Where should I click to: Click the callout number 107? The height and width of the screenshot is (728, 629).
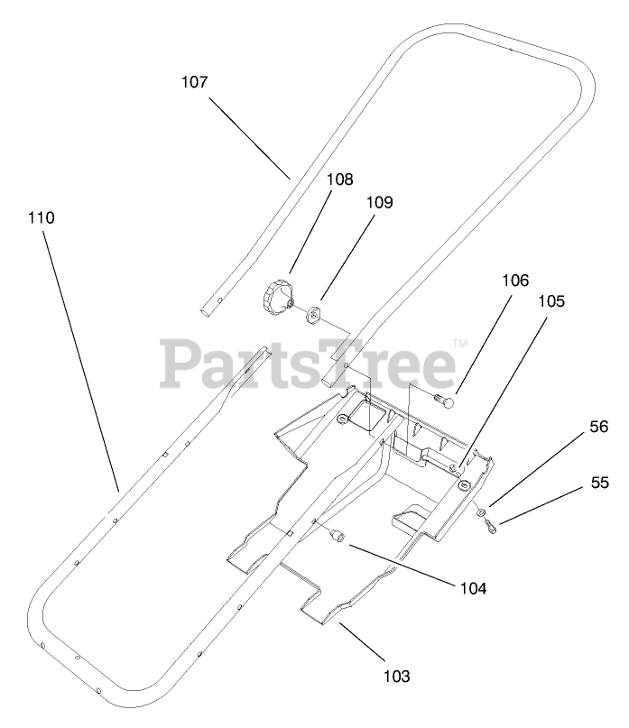pyautogui.click(x=194, y=82)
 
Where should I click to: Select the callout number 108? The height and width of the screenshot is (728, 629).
pyautogui.click(x=290, y=180)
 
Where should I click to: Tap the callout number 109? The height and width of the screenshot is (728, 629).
pyautogui.click(x=379, y=203)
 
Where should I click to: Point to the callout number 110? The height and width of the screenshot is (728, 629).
pyautogui.click(x=41, y=218)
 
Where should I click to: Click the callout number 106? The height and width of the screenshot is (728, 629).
pyautogui.click(x=515, y=281)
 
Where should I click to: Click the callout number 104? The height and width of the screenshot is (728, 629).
pyautogui.click(x=472, y=588)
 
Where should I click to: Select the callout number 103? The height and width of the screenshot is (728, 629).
pyautogui.click(x=396, y=675)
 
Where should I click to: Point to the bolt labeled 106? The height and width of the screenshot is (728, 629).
pyautogui.click(x=440, y=397)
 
